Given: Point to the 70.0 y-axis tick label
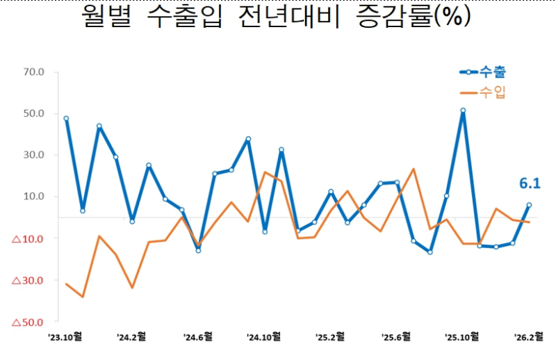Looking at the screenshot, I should tap(33, 72).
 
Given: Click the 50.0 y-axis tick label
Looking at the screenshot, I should tap(33, 113).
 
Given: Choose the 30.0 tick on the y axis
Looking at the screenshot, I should tap(33, 155).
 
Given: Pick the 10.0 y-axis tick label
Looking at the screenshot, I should tap(33, 197).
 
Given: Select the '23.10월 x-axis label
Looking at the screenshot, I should tap(66, 337).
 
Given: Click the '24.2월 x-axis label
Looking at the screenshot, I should tap(131, 337).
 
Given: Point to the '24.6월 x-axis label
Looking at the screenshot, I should tap(198, 337).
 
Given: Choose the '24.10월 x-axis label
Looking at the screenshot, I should tap(264, 337).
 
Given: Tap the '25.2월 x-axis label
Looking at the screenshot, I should tap(330, 337).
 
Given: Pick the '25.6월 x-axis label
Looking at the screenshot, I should tap(396, 337).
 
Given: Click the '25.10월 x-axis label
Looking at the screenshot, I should tap(462, 337).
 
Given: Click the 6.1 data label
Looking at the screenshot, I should tap(530, 183).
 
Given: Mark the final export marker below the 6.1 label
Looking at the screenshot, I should tap(529, 205).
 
